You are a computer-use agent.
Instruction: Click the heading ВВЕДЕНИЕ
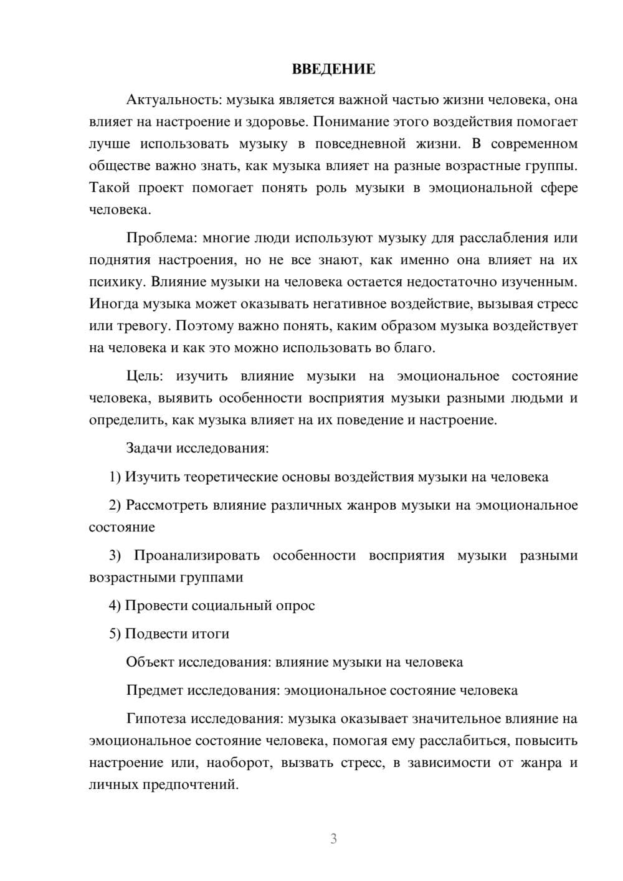click(x=333, y=69)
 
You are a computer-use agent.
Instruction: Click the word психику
click(x=117, y=282)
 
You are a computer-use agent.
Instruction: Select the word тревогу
click(x=142, y=326)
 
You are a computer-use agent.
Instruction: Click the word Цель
click(x=144, y=376)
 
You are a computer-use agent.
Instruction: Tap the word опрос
click(x=295, y=606)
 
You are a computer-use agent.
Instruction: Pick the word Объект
click(x=150, y=662)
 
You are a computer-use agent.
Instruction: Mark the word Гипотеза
click(x=156, y=718)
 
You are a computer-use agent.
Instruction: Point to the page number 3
click(x=333, y=839)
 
